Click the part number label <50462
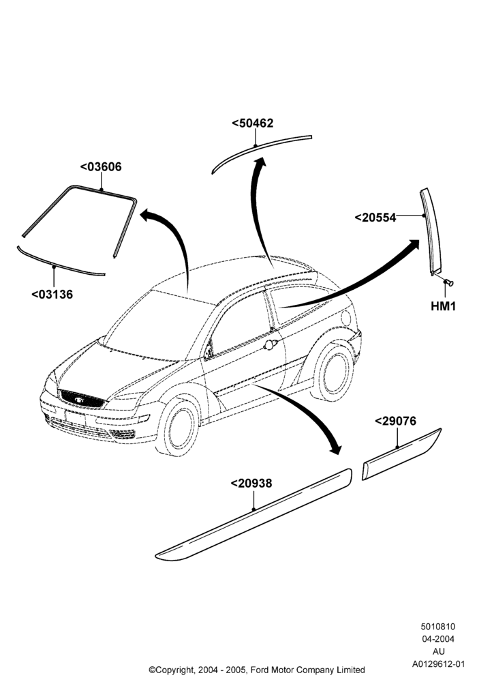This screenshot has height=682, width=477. click(x=252, y=123)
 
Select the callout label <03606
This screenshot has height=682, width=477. click(x=101, y=166)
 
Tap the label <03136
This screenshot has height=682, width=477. click(x=52, y=295)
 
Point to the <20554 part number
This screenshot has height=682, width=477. click(x=375, y=218)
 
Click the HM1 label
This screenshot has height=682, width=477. click(x=443, y=306)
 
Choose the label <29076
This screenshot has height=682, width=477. click(x=395, y=421)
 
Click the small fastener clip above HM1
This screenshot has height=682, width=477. click(x=448, y=283)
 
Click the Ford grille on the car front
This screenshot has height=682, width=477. click(x=81, y=399)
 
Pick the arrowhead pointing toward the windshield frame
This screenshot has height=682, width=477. click(x=148, y=214)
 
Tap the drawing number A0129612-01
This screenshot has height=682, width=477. click(x=438, y=664)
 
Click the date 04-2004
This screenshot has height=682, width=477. click(x=438, y=639)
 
